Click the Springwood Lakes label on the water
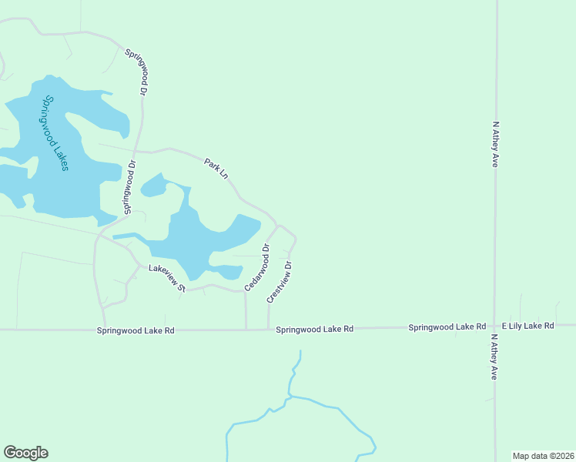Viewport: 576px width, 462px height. tap(56, 133)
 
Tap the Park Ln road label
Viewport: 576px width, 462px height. tap(216, 169)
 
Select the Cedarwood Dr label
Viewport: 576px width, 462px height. tap(257, 268)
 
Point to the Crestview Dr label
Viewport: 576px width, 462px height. tap(280, 282)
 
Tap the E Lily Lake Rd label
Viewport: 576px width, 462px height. tap(527, 326)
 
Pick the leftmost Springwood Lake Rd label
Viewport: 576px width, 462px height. tap(136, 330)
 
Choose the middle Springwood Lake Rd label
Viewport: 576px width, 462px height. tap(314, 329)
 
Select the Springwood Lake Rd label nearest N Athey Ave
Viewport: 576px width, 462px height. tap(447, 327)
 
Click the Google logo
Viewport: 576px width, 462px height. tap(25, 453)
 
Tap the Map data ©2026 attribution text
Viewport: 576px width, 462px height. tap(544, 456)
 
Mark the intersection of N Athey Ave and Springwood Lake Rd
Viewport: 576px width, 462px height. tap(495, 326)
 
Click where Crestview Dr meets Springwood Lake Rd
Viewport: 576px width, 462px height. tap(268, 329)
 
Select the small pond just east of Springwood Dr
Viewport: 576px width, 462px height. tap(153, 186)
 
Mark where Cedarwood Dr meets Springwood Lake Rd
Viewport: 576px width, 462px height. tap(246, 330)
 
